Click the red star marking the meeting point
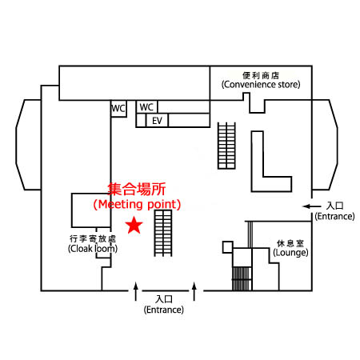(x=134, y=226)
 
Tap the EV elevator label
(x=157, y=121)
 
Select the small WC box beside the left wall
(x=118, y=109)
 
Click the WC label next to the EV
(x=146, y=107)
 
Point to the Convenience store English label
(x=261, y=85)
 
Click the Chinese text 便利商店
(x=261, y=75)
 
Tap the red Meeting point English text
(x=137, y=205)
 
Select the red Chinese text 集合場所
(x=137, y=189)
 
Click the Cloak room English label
(x=93, y=249)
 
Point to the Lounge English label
(x=290, y=253)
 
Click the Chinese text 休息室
(x=290, y=243)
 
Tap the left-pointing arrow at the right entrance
(x=312, y=206)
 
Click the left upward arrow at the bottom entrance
(x=136, y=291)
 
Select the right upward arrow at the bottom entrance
(x=194, y=291)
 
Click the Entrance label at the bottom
(x=164, y=310)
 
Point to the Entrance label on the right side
(x=334, y=216)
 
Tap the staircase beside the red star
(x=163, y=234)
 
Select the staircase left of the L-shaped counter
(x=226, y=146)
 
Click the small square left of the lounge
(x=228, y=247)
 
